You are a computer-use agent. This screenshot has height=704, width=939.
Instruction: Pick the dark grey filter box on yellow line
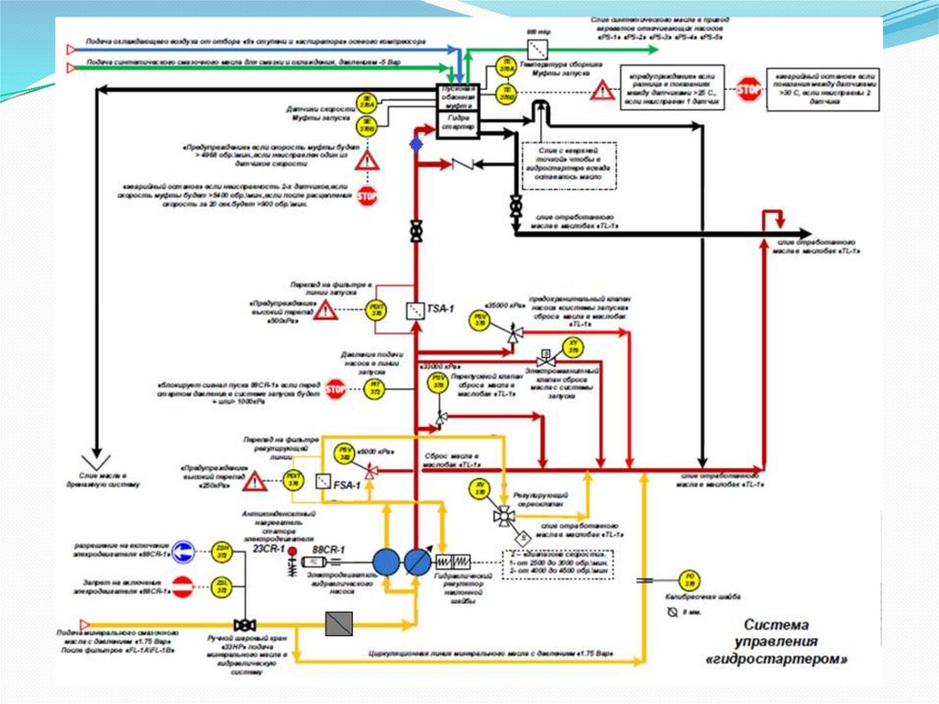(339, 624)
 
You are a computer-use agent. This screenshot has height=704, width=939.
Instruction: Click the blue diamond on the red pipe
(416, 144)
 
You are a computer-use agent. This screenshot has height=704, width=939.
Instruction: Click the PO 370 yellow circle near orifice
(690, 579)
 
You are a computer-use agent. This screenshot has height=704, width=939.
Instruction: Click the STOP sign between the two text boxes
(750, 88)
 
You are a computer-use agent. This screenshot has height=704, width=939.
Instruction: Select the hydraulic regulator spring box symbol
(451, 561)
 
